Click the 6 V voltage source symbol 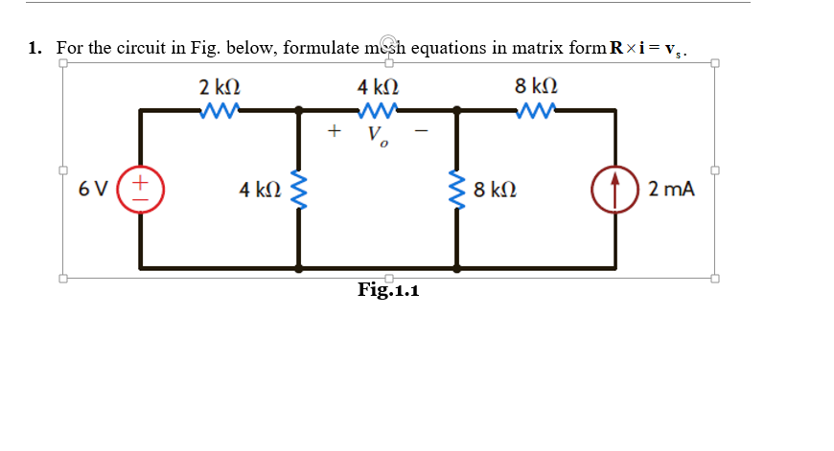tap(141, 188)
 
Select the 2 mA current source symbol tap(614, 188)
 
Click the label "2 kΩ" tap(219, 87)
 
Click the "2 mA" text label tap(671, 189)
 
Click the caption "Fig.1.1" tap(388, 289)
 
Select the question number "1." tap(35, 48)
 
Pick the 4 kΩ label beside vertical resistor tap(261, 189)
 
